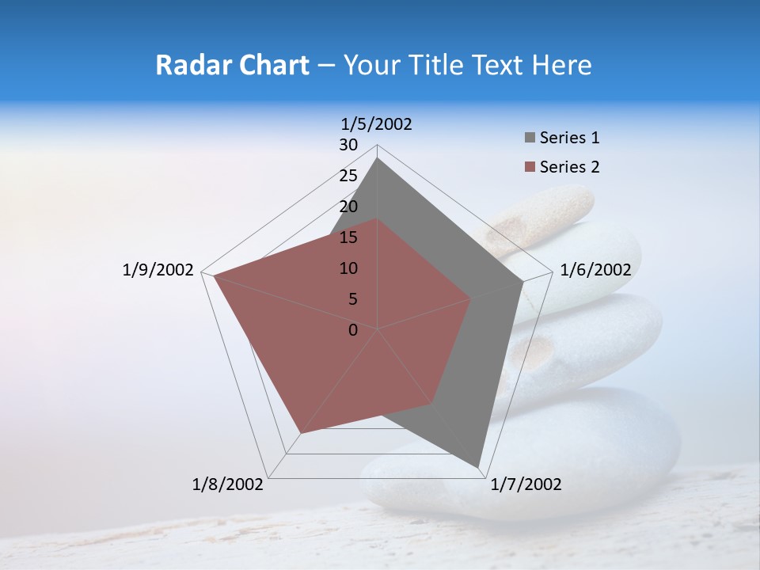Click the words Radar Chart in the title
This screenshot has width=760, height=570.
[231, 65]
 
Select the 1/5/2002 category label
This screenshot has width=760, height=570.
[376, 123]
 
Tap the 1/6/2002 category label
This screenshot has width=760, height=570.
[595, 270]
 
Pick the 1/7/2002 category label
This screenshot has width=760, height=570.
[526, 484]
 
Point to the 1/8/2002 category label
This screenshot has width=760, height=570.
[228, 484]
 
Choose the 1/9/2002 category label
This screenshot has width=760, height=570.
[158, 270]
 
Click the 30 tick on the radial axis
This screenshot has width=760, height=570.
[348, 145]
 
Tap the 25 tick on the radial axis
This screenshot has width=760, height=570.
[348, 176]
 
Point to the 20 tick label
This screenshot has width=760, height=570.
[348, 207]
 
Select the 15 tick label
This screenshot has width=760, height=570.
[348, 237]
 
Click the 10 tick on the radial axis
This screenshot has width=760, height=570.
[348, 268]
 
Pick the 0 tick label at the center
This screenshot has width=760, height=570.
[353, 330]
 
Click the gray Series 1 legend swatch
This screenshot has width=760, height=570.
[530, 138]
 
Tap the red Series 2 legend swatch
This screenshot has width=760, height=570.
[530, 167]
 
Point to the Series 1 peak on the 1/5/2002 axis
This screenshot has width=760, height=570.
[378, 158]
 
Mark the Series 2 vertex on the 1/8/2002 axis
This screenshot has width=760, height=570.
[300, 434]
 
